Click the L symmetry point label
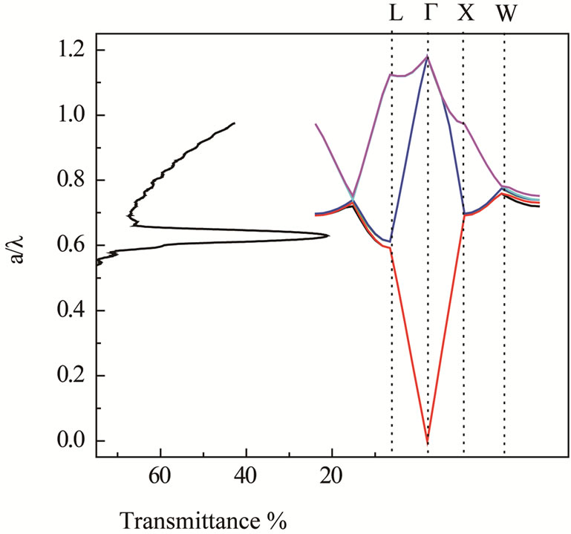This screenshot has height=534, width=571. (x=396, y=14)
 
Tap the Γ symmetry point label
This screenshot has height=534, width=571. (x=431, y=14)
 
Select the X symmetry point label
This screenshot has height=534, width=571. (x=465, y=14)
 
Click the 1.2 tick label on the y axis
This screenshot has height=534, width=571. (x=70, y=51)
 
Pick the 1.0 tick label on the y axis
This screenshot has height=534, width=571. (x=70, y=116)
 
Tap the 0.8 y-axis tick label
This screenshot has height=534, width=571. (x=70, y=180)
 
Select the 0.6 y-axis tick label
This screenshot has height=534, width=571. (x=70, y=246)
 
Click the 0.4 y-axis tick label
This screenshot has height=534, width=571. (x=70, y=311)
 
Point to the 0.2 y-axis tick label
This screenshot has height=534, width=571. (x=70, y=377)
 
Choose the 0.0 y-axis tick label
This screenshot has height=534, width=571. (x=70, y=441)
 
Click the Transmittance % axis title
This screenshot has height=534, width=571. (x=203, y=518)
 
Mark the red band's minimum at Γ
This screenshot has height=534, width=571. (x=428, y=443)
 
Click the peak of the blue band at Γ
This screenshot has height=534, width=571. (x=428, y=57)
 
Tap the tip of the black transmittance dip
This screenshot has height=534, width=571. (x=328, y=236)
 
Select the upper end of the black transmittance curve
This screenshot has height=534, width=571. (x=235, y=123)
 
